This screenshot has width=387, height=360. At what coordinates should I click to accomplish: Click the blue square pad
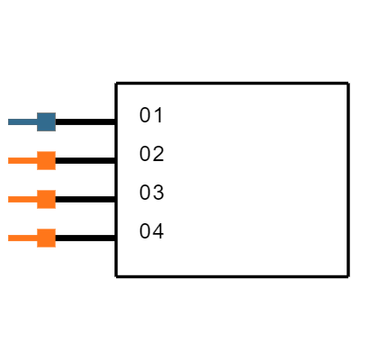tap(46, 121)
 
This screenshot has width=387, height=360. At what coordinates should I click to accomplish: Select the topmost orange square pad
tap(46, 160)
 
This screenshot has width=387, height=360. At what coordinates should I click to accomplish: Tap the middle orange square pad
tap(46, 199)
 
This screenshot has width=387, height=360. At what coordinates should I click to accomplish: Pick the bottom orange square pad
tap(46, 238)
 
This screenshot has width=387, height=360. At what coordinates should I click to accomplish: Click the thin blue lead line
tap(22, 121)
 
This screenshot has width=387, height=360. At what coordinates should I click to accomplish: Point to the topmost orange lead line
tap(22, 160)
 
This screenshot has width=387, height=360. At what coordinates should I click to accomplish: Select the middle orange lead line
tap(22, 199)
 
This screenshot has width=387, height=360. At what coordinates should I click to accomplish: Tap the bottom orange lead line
tap(22, 238)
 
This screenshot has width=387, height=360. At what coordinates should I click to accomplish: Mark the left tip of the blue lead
tap(9, 121)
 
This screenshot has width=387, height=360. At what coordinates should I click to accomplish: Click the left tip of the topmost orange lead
tap(9, 160)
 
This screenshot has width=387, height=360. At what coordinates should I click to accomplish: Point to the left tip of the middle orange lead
tap(9, 199)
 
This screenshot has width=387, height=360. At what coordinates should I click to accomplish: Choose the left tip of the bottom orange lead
tap(9, 238)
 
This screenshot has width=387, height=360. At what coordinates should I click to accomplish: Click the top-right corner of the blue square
tap(55, 113)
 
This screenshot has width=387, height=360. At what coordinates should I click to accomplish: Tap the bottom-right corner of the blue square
tap(55, 130)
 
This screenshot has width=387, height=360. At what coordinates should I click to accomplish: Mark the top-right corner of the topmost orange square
tap(55, 152)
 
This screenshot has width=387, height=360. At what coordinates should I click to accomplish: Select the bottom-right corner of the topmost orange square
tap(55, 169)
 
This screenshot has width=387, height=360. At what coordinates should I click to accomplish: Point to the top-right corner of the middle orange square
tap(55, 191)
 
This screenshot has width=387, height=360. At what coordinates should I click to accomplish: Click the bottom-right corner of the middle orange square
tap(55, 208)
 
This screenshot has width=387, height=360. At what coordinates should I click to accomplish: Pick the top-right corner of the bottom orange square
tap(55, 229)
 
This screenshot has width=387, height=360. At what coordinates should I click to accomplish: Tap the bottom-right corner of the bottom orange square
tap(55, 247)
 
